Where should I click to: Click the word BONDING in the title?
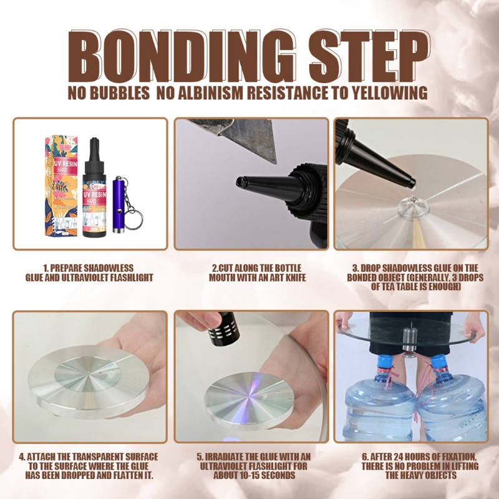tap(182, 57)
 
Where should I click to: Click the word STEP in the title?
tap(370, 56)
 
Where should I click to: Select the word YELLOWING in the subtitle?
tap(389, 93)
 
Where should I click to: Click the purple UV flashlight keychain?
tap(119, 205)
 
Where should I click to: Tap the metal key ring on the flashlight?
tap(133, 219)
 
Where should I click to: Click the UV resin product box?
tap(61, 185)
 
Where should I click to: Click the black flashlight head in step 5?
tap(223, 328)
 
